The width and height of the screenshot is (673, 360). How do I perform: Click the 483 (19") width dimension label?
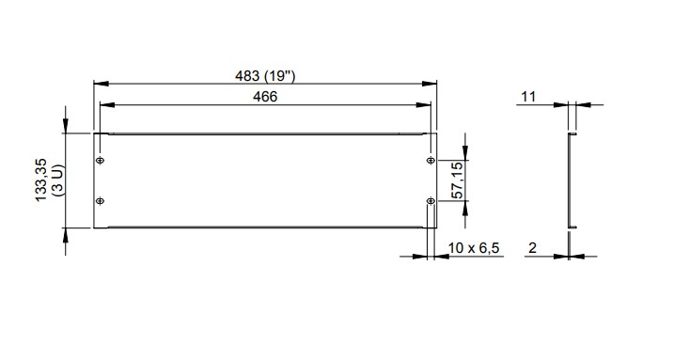tap(265, 76)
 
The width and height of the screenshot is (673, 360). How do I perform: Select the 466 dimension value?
tap(265, 97)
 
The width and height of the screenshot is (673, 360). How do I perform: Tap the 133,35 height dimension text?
tap(40, 180)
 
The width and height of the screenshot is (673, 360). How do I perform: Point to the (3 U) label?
tap(57, 180)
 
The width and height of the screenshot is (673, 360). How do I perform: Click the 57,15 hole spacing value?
tap(458, 180)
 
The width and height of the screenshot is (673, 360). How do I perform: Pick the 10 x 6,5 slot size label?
tap(474, 248)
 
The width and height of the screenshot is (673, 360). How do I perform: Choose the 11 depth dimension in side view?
tap(528, 97)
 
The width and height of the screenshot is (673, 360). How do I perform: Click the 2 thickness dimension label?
tap(532, 247)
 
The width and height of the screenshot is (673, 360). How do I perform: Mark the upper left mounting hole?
tap(100, 161)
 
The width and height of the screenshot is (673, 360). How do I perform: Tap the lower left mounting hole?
tap(100, 201)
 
